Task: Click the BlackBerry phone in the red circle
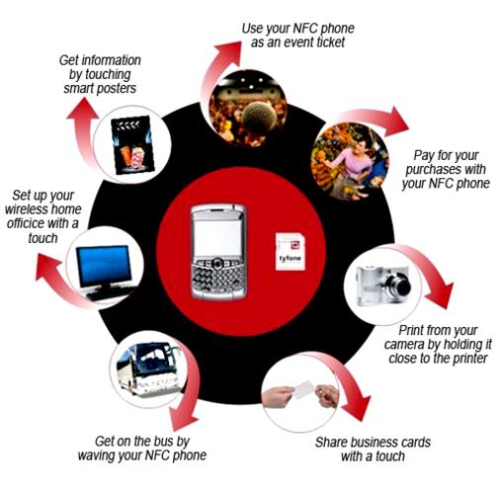pyautogui.click(x=218, y=252)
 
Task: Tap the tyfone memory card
pyautogui.click(x=290, y=252)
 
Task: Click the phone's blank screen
pyautogui.click(x=218, y=237)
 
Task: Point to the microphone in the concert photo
pyautogui.click(x=260, y=118)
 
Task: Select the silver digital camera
pyautogui.click(x=383, y=286)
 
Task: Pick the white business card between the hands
pyautogui.click(x=303, y=389)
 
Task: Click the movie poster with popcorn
pyautogui.click(x=133, y=145)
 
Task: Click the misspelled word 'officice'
pyautogui.click(x=26, y=223)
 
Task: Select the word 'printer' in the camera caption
pyautogui.click(x=470, y=358)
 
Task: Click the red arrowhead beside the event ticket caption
pyautogui.click(x=228, y=53)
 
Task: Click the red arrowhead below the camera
pyautogui.click(x=441, y=295)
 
